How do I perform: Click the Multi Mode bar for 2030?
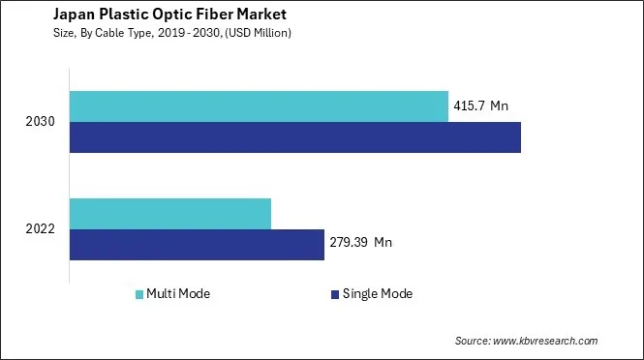[x=259, y=106]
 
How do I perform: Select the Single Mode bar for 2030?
[x=295, y=137]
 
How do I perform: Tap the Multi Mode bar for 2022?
[x=170, y=213]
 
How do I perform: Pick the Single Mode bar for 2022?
[x=197, y=244]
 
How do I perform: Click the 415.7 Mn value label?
[x=481, y=105]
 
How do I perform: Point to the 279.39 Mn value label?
[x=362, y=242]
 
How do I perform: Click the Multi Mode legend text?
[x=179, y=293]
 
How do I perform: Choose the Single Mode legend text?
[x=378, y=293]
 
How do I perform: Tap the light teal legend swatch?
[x=140, y=293]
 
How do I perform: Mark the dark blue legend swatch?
[x=335, y=293]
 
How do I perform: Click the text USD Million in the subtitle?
[x=256, y=33]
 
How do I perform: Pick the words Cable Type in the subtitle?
[x=115, y=33]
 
